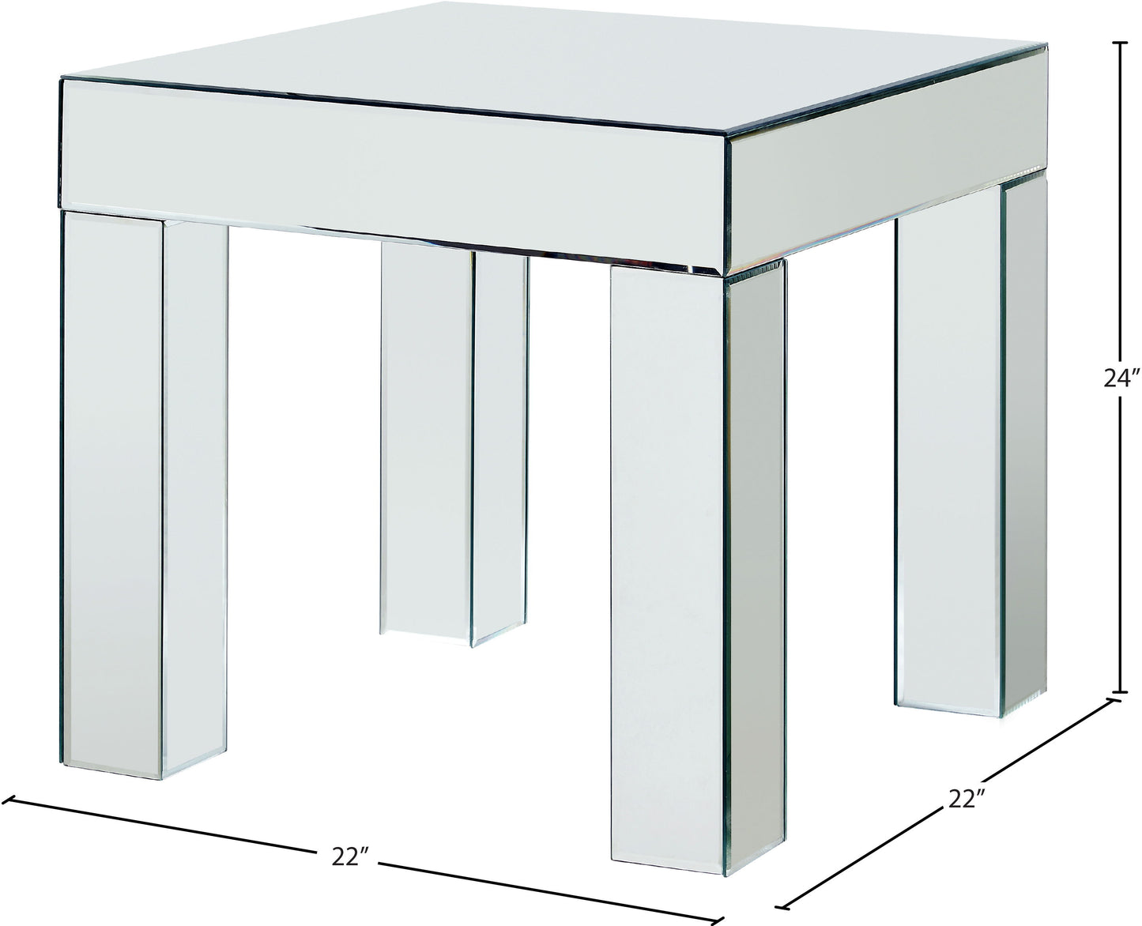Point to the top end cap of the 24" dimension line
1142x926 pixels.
pos(1120,43)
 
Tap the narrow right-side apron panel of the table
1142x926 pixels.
pos(884,160)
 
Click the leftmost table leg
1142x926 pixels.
pos(144,493)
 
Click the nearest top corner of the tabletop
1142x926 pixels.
pos(726,134)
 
